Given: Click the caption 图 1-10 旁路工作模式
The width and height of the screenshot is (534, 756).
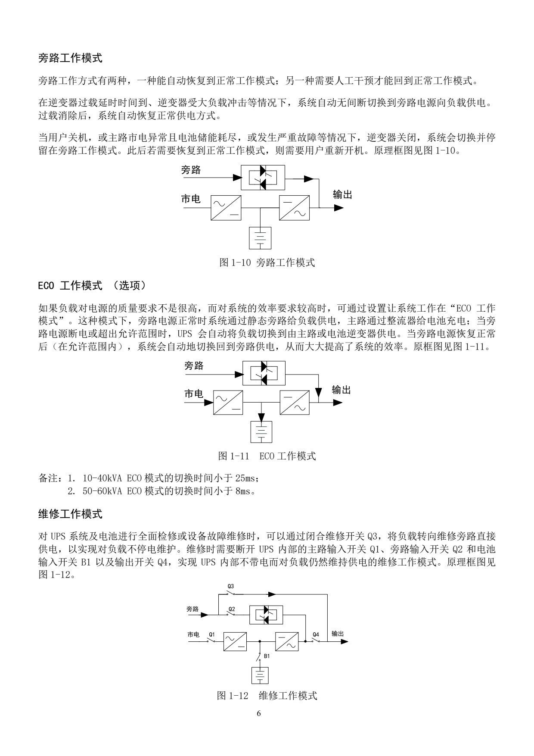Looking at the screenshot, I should [267, 262].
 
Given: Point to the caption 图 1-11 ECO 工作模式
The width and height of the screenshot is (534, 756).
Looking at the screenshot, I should [267, 456].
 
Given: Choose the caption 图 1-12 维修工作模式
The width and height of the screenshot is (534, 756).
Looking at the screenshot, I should [267, 695].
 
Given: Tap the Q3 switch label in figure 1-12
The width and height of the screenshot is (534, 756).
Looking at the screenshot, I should [231, 586].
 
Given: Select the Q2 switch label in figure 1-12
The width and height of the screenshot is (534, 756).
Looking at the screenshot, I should [232, 609].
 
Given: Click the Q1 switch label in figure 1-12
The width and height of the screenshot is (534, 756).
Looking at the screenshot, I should [211, 634].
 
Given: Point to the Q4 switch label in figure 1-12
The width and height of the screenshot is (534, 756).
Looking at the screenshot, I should [316, 634].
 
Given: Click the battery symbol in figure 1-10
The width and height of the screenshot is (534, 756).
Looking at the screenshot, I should [261, 238].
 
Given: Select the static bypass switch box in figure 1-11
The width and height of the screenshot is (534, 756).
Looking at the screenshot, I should [264, 373].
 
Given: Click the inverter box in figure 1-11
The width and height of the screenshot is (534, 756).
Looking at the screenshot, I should [295, 402].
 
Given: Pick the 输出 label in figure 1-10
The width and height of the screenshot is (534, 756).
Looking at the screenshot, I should [343, 195].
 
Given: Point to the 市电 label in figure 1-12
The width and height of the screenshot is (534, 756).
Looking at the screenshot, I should [193, 634].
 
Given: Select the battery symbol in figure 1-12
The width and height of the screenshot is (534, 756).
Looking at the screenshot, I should [260, 675].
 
